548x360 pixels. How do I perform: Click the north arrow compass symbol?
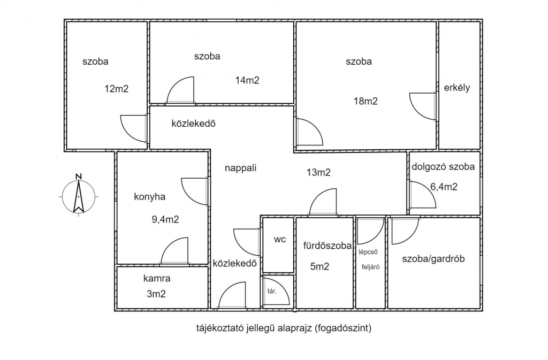click(x=79, y=196)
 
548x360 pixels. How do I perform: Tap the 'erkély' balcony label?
click(x=457, y=88)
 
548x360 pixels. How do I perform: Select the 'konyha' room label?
click(x=150, y=197)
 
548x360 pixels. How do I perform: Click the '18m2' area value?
click(x=366, y=101)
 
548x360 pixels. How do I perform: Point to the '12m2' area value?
click(x=116, y=89)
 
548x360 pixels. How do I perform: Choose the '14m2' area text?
click(x=247, y=80)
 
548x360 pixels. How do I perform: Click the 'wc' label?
click(x=279, y=240)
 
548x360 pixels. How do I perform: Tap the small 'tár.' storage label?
click(x=271, y=291)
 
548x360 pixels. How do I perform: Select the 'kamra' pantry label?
click(x=157, y=278)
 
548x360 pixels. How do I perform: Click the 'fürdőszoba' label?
click(x=327, y=246)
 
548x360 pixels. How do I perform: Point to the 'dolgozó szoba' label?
click(x=443, y=166)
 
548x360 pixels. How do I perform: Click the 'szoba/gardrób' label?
click(x=433, y=259)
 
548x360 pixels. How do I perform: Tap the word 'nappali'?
click(x=240, y=168)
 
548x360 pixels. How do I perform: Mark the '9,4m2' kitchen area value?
click(x=165, y=219)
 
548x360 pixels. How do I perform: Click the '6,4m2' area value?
click(x=444, y=187)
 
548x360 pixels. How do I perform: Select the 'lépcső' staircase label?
click(x=368, y=252)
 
